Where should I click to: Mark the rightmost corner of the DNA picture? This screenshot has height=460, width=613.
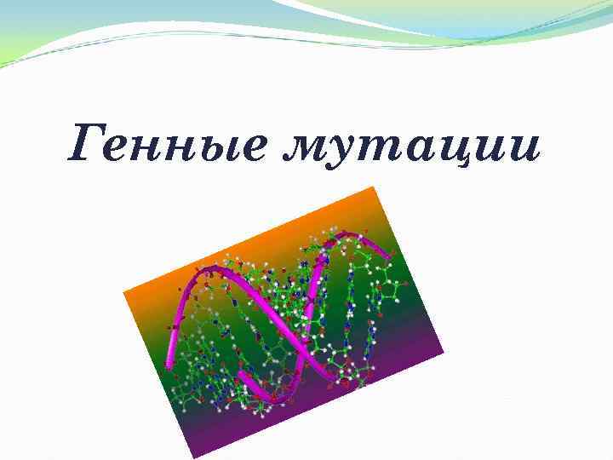pyautogui.click(x=444, y=351)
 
